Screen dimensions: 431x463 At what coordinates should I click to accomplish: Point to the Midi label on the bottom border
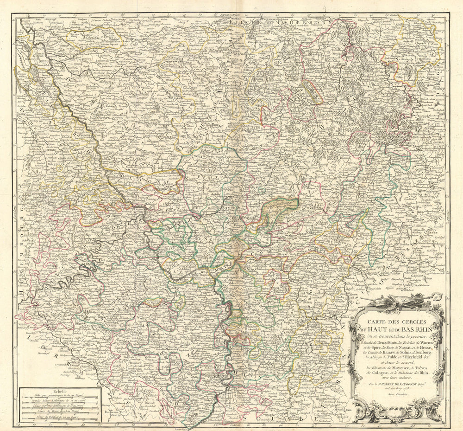pos(235,425)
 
